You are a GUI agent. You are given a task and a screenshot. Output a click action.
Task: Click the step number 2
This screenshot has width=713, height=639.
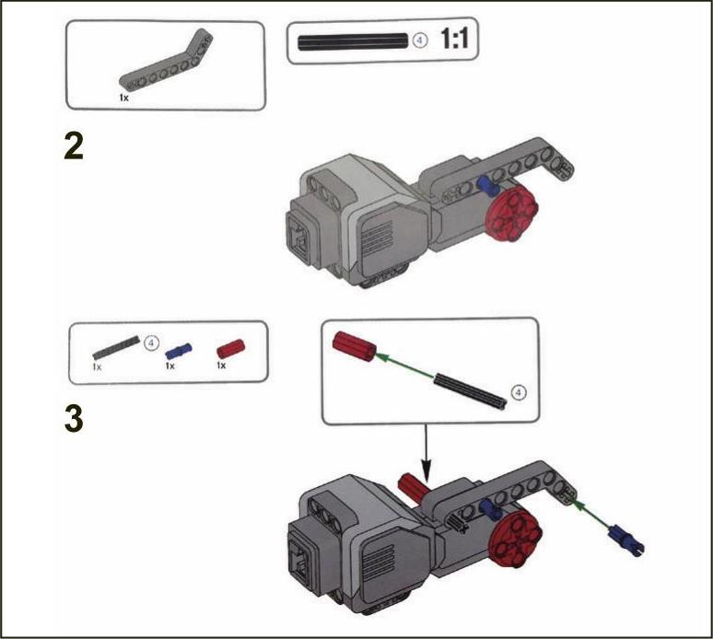click(x=74, y=146)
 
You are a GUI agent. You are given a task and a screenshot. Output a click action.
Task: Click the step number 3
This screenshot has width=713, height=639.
click(x=74, y=419)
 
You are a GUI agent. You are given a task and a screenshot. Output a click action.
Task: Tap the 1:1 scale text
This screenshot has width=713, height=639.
click(x=454, y=38)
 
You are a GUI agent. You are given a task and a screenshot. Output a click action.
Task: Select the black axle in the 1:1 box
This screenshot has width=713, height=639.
click(x=353, y=41)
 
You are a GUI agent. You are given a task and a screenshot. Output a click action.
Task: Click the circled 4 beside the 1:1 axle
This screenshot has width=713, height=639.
click(x=420, y=41)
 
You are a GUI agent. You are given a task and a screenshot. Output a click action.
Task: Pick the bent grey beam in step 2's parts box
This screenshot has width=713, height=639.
click(x=166, y=60)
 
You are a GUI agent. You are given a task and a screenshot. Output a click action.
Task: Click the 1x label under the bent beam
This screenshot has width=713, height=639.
click(x=123, y=98)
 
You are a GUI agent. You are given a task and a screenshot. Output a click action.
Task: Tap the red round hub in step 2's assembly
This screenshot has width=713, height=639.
click(x=512, y=214)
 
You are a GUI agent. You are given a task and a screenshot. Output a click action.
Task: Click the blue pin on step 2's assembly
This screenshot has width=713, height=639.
click(x=488, y=185)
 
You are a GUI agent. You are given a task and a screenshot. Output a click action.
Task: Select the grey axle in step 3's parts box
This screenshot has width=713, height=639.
click(x=116, y=347)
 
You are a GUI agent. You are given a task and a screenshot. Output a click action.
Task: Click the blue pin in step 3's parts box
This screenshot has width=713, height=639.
click(x=179, y=351)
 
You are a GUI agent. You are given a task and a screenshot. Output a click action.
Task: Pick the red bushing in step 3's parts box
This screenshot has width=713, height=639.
click(x=230, y=349)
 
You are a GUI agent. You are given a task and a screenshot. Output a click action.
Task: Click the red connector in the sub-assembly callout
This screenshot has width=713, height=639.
click(x=355, y=346)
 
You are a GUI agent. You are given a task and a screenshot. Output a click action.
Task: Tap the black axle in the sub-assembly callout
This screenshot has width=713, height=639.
click(x=470, y=390)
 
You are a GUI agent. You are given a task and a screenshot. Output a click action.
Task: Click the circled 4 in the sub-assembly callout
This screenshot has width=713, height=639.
click(x=520, y=391)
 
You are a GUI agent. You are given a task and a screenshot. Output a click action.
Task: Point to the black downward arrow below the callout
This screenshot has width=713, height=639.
click(x=426, y=453)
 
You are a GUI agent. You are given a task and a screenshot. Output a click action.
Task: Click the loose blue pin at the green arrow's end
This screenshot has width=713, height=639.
click(x=626, y=540)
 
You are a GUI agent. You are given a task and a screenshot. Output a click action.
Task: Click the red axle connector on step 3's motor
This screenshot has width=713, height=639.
click(x=412, y=488)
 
